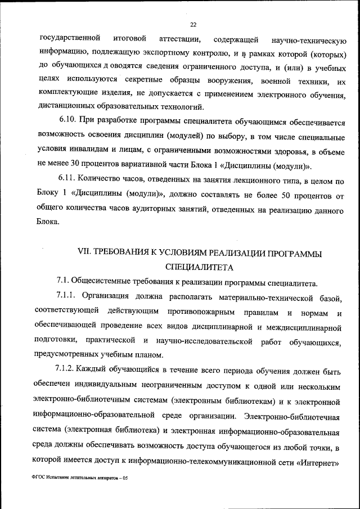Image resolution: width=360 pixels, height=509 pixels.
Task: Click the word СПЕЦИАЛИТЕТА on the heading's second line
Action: point(199,267)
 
